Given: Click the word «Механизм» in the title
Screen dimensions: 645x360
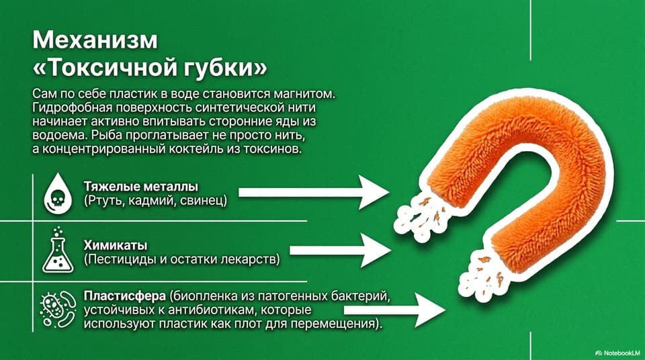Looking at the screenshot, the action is [95, 40].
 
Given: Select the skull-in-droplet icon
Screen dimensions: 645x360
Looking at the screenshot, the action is [58, 193].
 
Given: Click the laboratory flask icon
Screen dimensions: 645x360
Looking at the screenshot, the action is [58, 250].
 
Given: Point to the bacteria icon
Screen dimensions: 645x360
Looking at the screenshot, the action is [58, 309].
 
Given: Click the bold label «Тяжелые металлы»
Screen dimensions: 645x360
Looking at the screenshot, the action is [141, 187].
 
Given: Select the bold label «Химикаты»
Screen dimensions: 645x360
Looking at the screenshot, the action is [116, 245].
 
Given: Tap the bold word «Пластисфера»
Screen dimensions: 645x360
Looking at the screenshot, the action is [125, 296].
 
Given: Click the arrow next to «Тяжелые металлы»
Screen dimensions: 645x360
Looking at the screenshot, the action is [314, 192].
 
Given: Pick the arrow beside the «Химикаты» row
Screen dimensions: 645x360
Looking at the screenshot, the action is [341, 250].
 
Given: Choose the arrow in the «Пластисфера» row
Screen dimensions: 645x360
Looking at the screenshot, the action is [395, 310].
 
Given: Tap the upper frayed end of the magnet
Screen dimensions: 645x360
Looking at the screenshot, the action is [421, 216].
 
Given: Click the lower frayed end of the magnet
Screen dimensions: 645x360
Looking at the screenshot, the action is [481, 273].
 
